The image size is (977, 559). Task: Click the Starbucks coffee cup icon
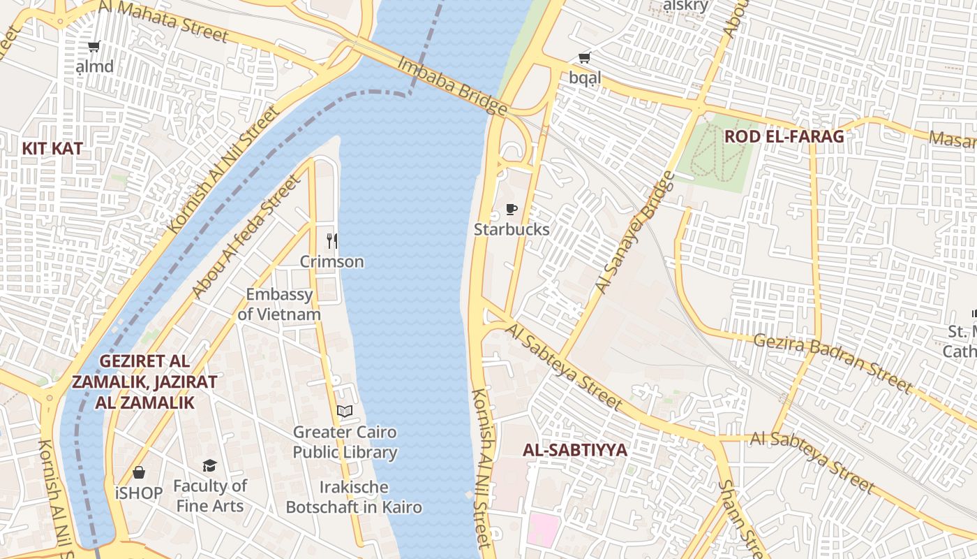tap(512, 209)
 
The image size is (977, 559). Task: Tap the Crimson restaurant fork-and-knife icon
tap(332, 241)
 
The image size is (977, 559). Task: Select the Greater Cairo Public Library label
tap(345, 442)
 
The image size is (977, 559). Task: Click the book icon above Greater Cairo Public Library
tap(345, 411)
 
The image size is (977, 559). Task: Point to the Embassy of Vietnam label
tap(279, 304)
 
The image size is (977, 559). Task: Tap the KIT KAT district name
tap(52, 148)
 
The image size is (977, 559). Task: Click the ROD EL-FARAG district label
tap(784, 136)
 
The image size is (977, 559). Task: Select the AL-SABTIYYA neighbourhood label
tap(575, 450)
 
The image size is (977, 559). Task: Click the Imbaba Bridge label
tap(452, 85)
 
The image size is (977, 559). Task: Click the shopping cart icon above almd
tap(94, 47)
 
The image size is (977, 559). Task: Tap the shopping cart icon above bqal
tap(584, 58)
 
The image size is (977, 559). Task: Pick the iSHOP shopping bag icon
tap(139, 473)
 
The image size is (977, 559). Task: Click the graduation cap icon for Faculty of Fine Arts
tap(209, 465)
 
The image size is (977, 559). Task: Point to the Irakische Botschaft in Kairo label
tap(354, 497)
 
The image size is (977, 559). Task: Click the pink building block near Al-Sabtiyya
tap(544, 530)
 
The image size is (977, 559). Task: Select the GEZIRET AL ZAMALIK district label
tap(144, 382)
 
